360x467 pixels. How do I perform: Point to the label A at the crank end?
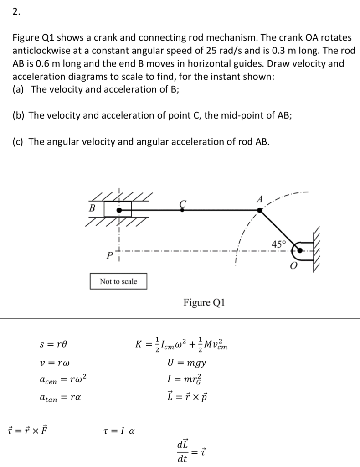pos(260,199)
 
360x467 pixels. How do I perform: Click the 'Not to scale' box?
pos(118,281)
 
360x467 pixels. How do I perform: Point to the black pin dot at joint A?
pos(260,210)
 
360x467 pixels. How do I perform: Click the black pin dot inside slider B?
pos(119,210)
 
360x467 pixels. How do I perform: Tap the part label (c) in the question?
pos(19,141)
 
